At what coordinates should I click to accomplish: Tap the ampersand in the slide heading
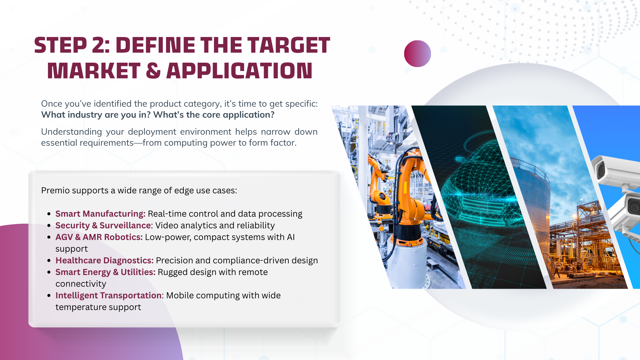tap(153, 71)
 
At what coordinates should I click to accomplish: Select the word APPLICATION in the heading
tap(239, 71)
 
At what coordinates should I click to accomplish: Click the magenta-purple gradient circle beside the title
tap(417, 54)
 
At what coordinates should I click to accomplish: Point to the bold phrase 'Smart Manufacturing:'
tap(100, 214)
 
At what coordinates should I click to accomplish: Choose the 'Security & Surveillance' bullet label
tap(103, 225)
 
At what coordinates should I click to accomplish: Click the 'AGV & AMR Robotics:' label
tap(99, 237)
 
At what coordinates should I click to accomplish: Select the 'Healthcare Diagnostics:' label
tap(104, 260)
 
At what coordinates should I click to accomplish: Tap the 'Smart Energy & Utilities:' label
tap(105, 272)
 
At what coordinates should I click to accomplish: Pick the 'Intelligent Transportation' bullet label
tap(108, 295)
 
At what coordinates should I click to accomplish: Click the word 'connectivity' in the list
tap(81, 284)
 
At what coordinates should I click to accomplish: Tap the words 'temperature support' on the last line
tap(98, 307)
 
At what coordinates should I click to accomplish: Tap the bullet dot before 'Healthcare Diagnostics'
tap(49, 261)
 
